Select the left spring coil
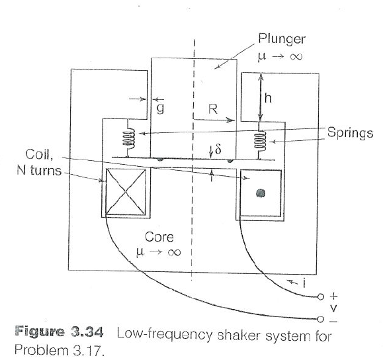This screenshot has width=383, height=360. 131,140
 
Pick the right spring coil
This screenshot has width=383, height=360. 261,140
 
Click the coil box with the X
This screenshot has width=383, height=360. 125,193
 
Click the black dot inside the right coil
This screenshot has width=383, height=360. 261,193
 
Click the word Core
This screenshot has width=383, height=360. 159,237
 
